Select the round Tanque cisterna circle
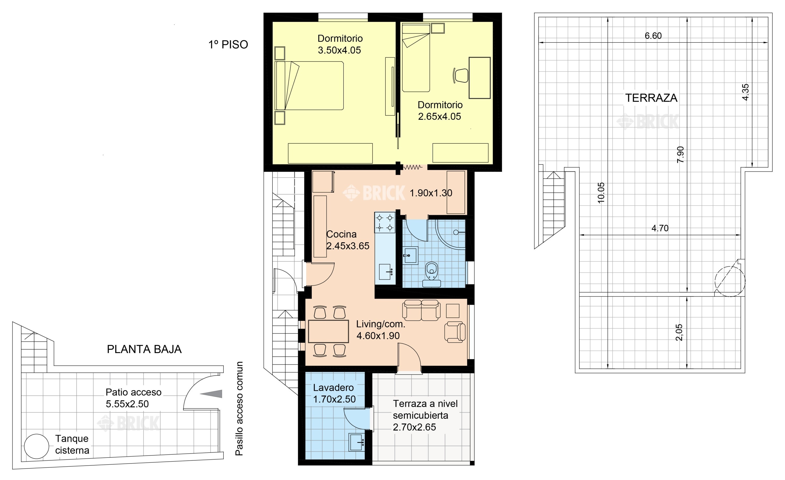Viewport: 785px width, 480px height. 37,446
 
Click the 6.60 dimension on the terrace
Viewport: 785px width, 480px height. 653,36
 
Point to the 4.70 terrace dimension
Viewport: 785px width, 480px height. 660,228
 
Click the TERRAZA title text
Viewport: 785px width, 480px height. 651,98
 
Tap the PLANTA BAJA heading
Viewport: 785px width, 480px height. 144,349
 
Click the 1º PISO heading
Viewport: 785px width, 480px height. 228,44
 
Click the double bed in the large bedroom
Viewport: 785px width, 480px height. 309,85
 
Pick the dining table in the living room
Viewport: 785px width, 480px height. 328,332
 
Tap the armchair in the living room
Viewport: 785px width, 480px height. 455,332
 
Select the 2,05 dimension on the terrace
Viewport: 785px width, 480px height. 679,332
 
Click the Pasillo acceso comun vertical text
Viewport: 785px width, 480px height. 239,408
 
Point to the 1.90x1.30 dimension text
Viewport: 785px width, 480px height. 431,193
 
